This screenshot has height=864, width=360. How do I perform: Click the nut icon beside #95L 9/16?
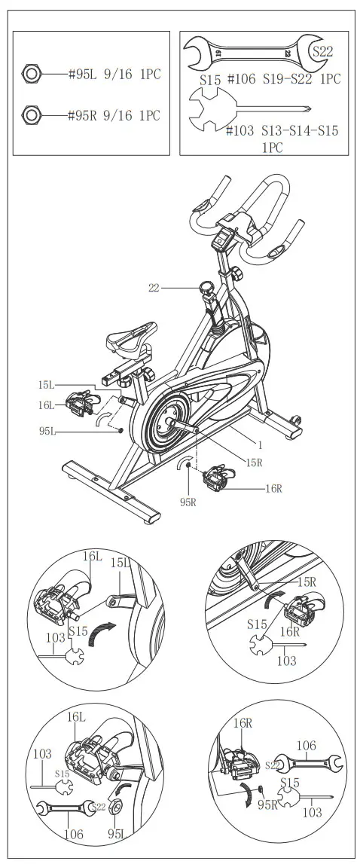tap(32, 74)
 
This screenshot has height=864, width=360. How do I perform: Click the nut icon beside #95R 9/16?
tap(32, 115)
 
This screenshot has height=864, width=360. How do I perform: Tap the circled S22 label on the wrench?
tap(322, 52)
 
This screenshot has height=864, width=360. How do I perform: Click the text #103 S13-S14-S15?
tap(282, 131)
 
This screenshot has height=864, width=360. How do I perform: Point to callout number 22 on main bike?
tap(154, 287)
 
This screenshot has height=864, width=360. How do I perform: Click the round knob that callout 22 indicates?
tap(206, 287)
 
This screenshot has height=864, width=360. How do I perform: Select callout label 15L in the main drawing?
tap(47, 385)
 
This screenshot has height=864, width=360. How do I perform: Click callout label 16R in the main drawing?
tap(273, 488)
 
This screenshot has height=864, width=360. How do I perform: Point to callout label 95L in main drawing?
tap(47, 431)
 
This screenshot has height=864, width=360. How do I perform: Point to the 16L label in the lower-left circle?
tap(77, 719)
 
